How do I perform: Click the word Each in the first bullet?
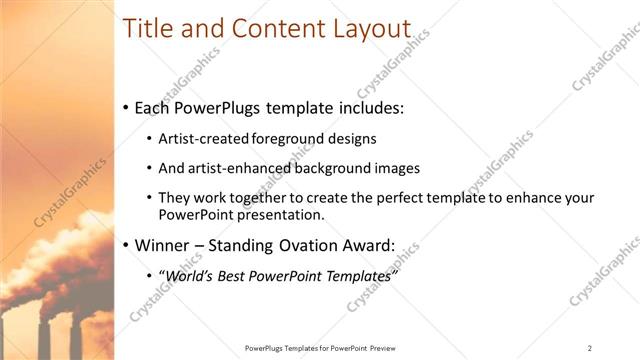153,107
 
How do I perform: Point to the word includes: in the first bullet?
370,107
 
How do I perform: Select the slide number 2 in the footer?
590,348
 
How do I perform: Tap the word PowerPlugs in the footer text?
266,348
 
